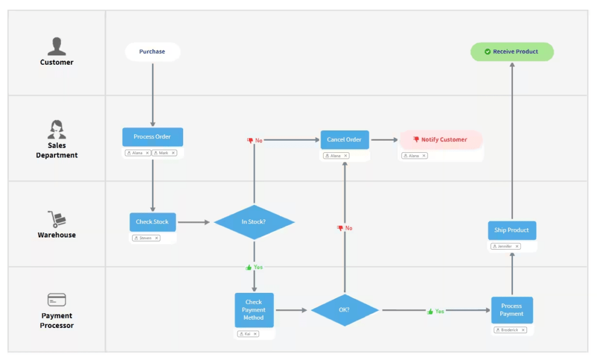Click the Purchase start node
[152, 52]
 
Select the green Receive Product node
[512, 52]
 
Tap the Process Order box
[152, 137]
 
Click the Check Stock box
[152, 222]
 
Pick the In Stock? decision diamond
[254, 222]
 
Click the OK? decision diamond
[345, 310]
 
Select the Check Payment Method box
[254, 310]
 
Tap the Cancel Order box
[345, 140]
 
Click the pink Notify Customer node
[441, 140]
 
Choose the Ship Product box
[511, 230]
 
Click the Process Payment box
[511, 310]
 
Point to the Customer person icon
[57, 47]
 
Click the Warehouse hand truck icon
[57, 219]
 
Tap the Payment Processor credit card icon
[57, 300]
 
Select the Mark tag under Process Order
[164, 153]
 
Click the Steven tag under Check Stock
[146, 238]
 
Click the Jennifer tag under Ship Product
[505, 246]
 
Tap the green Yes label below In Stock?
[254, 267]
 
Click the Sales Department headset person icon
[57, 130]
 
